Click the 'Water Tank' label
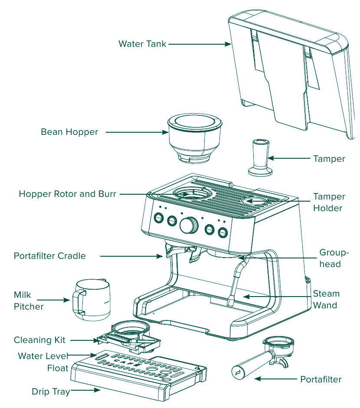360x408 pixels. point(142,44)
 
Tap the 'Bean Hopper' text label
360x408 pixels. point(69,132)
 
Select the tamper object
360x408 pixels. point(260,158)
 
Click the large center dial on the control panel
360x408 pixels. point(189,225)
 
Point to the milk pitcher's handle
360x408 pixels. point(79,302)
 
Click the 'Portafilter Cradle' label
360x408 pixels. point(50,256)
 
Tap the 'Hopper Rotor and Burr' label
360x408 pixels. point(67,194)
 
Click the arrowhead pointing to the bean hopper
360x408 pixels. point(165,132)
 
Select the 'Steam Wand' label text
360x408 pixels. point(326,299)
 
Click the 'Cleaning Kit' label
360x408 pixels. point(39,340)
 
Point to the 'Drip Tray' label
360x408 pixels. point(51,392)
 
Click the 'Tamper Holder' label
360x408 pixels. point(329,202)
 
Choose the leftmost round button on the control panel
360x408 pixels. point(158,217)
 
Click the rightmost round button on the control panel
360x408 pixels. point(223,232)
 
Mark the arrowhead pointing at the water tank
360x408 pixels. point(228,44)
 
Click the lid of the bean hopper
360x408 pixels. point(195,122)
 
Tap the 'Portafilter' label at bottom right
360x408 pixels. point(321,379)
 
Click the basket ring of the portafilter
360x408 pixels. point(278,343)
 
